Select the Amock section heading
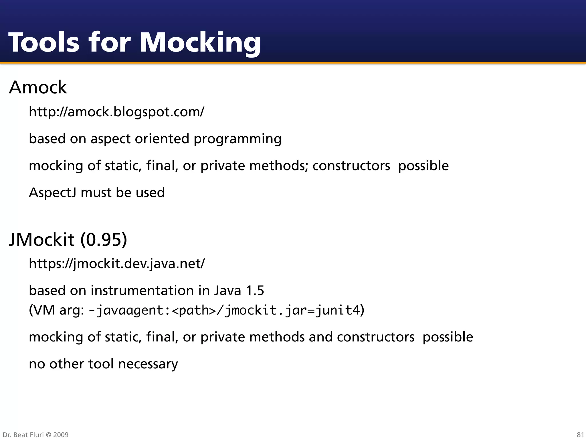(38, 87)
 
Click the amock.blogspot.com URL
(116, 112)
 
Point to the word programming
(237, 139)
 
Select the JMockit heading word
(42, 239)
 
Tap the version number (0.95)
(104, 239)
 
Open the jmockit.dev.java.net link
(117, 264)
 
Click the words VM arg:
(56, 310)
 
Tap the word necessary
(148, 364)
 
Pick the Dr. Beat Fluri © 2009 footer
(35, 435)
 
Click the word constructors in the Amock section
(351, 166)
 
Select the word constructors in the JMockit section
(375, 337)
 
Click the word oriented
(162, 139)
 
